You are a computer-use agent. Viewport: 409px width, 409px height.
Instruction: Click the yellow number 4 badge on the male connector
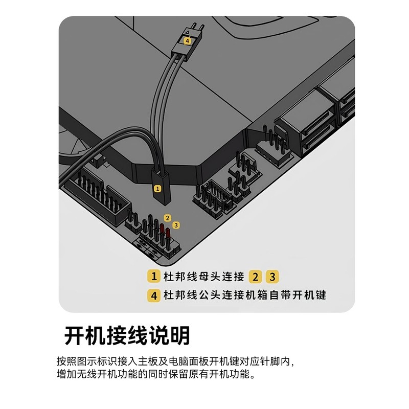[x=187, y=40]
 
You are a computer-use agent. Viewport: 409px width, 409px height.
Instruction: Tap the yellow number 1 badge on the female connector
[x=157, y=189]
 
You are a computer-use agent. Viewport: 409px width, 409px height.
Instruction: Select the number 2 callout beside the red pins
[x=167, y=218]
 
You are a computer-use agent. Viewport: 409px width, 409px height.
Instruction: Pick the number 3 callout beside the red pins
[x=176, y=224]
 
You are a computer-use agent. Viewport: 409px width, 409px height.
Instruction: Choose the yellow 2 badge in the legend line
[x=256, y=277]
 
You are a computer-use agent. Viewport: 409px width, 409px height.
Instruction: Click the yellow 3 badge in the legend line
[x=272, y=277]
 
